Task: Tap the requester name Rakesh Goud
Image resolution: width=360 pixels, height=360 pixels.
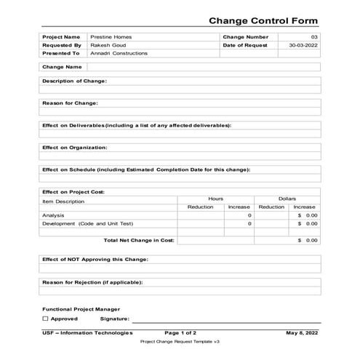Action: pyautogui.click(x=108, y=44)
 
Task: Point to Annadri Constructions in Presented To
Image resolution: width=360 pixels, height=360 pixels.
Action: pyautogui.click(x=119, y=53)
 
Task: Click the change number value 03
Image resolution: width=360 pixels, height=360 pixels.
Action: pyautogui.click(x=314, y=36)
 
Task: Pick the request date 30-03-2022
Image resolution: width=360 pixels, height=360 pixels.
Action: pyautogui.click(x=303, y=44)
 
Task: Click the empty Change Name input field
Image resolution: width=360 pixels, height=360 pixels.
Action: pyautogui.click(x=204, y=67)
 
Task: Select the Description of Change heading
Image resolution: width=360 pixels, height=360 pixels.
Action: pyautogui.click(x=75, y=81)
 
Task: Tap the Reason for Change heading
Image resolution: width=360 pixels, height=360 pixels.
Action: pyautogui.click(x=70, y=103)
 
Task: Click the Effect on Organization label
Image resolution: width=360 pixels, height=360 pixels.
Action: pyautogui.click(x=75, y=148)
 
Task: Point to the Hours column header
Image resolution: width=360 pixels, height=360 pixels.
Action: pyautogui.click(x=215, y=199)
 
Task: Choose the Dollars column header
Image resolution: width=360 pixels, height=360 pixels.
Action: pyautogui.click(x=287, y=199)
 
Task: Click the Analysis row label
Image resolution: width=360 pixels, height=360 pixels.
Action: pyautogui.click(x=54, y=215)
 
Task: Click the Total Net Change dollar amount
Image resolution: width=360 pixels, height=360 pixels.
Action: pyautogui.click(x=308, y=240)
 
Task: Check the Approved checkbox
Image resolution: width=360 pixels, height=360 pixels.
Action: pyautogui.click(x=46, y=319)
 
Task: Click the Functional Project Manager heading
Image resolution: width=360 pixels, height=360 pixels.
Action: pyautogui.click(x=81, y=309)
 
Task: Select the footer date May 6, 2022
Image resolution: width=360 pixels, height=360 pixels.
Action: pyautogui.click(x=303, y=332)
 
